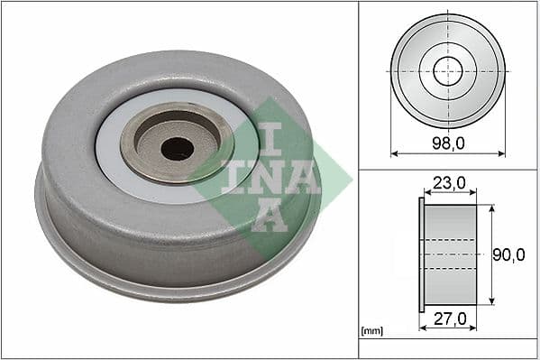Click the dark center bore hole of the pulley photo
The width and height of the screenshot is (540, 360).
click(x=177, y=148)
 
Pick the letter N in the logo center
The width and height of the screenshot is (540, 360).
click(x=270, y=177)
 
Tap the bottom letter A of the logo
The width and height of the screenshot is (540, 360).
click(x=269, y=217)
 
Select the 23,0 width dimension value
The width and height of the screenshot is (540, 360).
click(x=449, y=183)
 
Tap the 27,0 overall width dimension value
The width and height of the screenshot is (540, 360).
click(x=448, y=318)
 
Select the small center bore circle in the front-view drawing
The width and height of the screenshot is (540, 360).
click(x=447, y=71)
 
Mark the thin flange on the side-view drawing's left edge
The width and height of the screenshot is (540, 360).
click(x=421, y=255)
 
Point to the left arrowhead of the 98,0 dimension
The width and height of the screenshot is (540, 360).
click(x=395, y=153)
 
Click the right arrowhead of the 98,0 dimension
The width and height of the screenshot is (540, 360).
click(x=501, y=153)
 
